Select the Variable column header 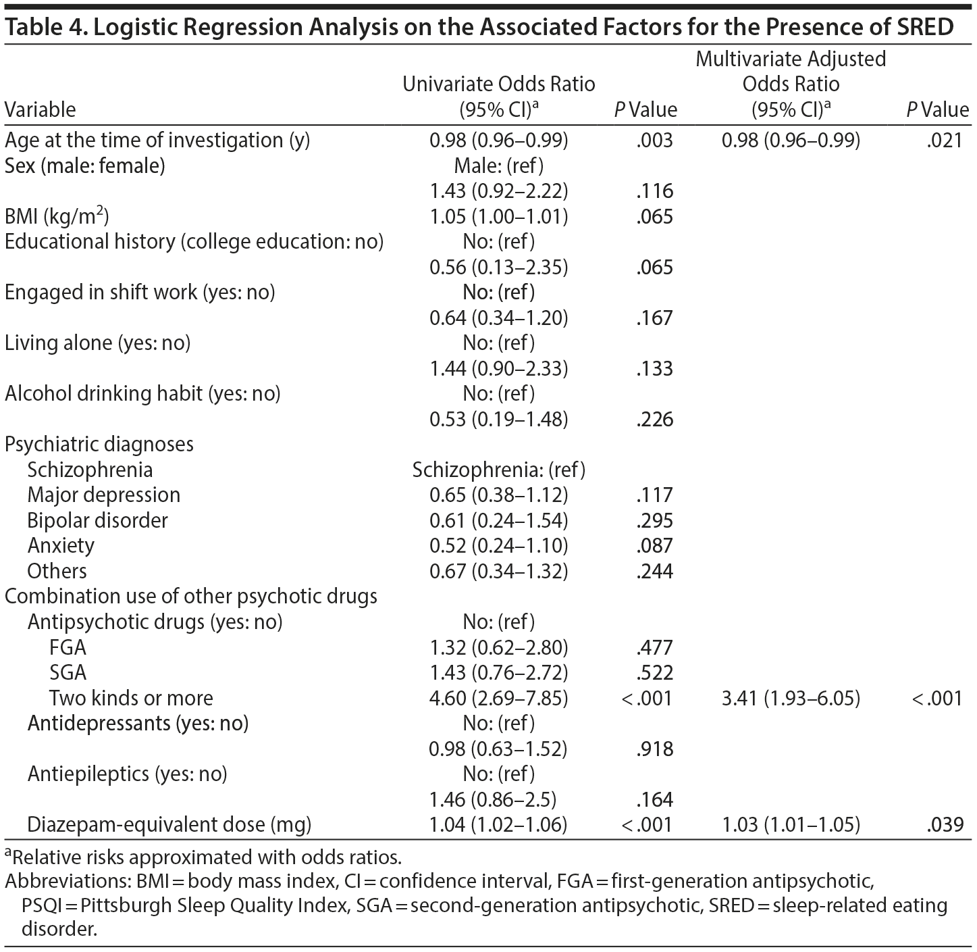(41, 109)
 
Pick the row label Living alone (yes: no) (98, 343)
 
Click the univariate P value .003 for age (654, 141)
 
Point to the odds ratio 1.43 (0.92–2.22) (499, 191)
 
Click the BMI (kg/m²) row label (57, 217)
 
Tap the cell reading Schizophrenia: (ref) (499, 470)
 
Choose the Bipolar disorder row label (97, 521)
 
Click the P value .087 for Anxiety (654, 546)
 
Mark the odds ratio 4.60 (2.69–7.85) (499, 698)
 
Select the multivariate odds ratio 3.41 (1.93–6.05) (791, 698)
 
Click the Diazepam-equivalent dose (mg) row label (169, 825)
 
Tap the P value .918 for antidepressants (654, 749)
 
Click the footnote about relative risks (203, 857)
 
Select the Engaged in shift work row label (140, 293)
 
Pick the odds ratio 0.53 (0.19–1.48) (499, 420)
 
